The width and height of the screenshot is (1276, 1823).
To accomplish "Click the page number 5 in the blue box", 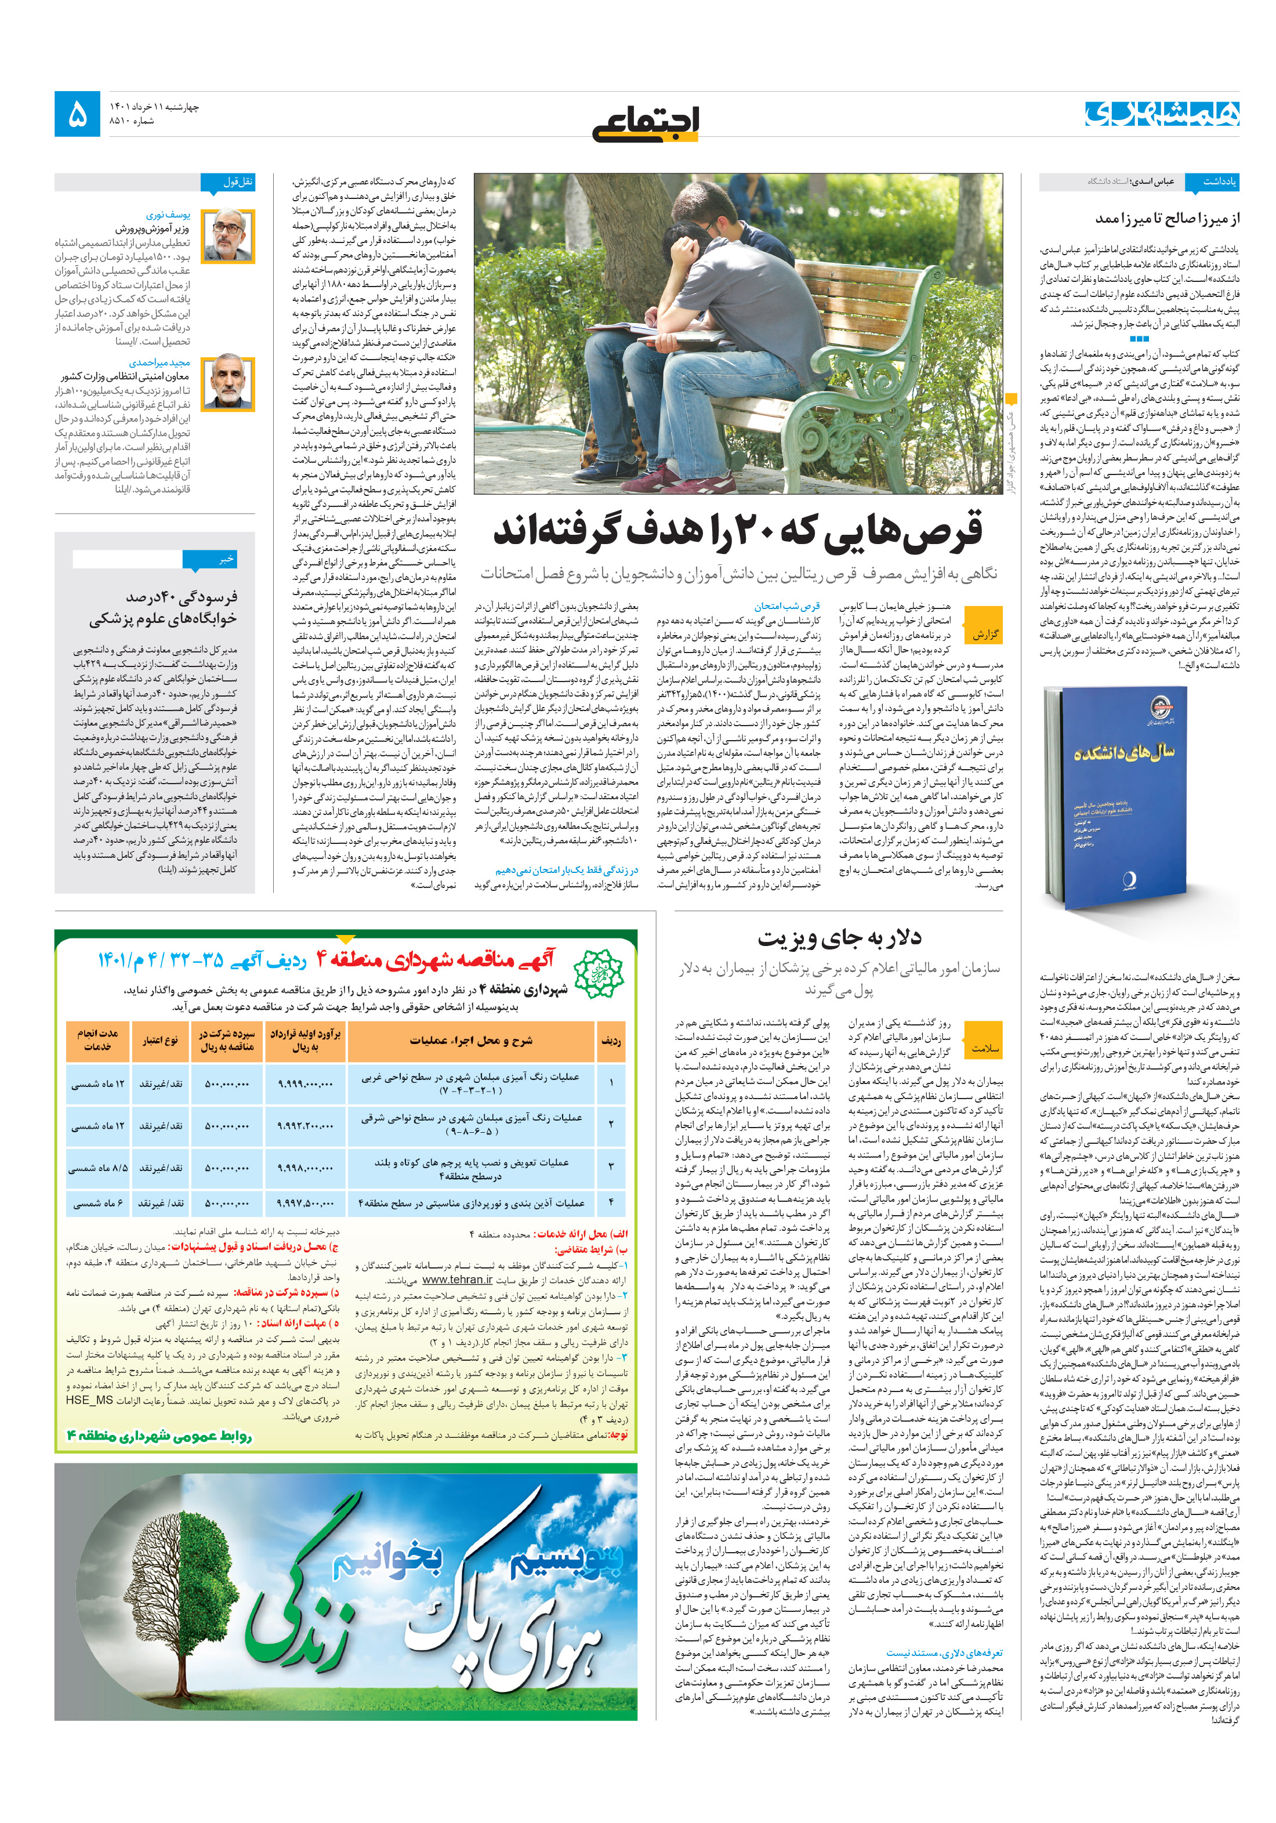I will (x=78, y=114).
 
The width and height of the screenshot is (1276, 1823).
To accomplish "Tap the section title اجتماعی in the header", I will (x=645, y=123).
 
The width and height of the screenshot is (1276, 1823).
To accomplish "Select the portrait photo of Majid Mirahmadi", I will (x=228, y=383).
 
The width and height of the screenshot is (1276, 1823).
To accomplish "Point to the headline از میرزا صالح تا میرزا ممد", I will (x=1166, y=218).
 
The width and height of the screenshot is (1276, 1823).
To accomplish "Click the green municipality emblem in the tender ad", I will (x=599, y=974).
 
